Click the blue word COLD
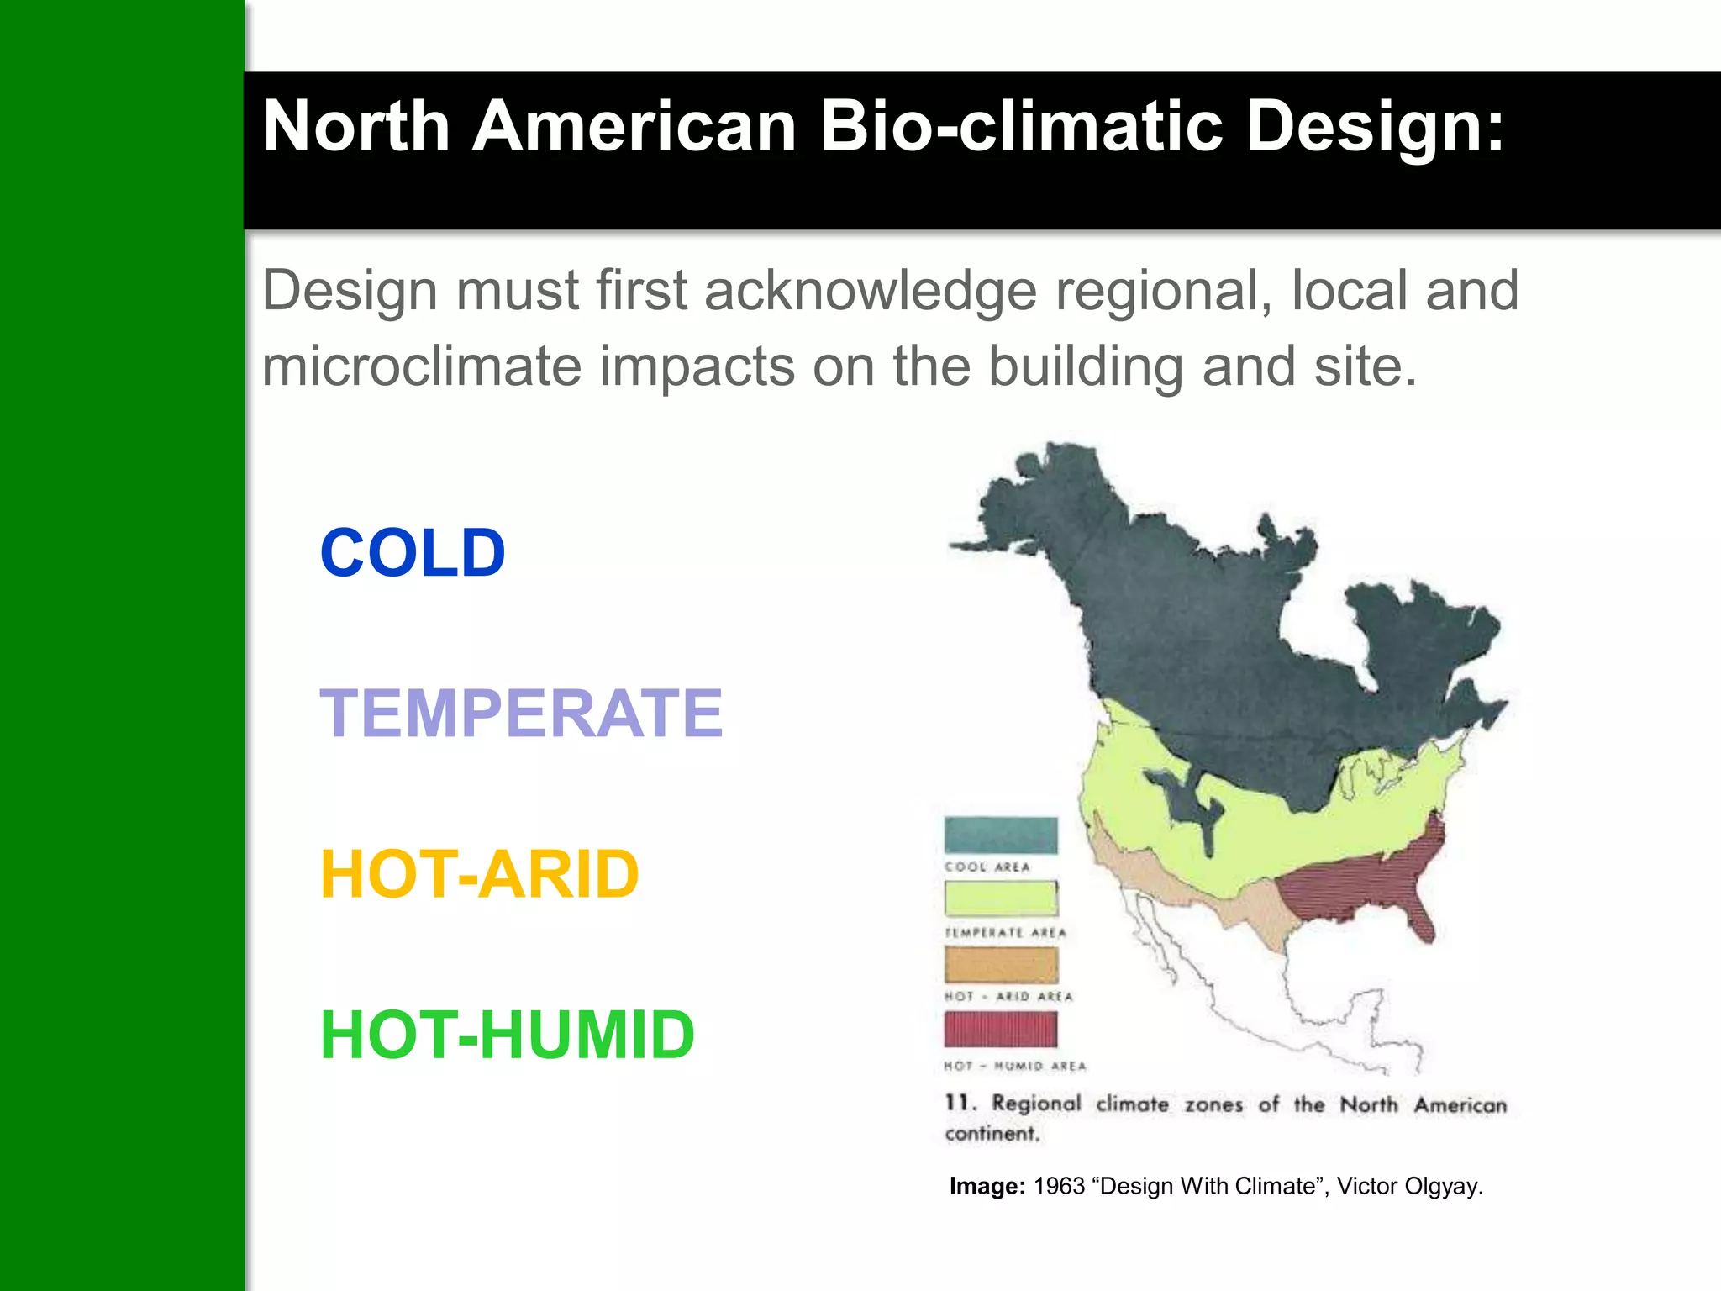[413, 553]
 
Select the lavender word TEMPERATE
[521, 714]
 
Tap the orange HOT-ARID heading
[480, 874]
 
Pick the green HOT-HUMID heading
[508, 1035]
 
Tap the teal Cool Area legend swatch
[1000, 835]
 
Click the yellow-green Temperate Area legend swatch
[1000, 898]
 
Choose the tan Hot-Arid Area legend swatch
[1000, 965]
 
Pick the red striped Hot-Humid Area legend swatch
[1000, 1029]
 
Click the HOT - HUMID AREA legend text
[1014, 1066]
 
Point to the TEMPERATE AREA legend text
[1005, 933]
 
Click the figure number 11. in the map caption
[960, 1103]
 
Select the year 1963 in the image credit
[1059, 1186]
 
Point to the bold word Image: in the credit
[987, 1186]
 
